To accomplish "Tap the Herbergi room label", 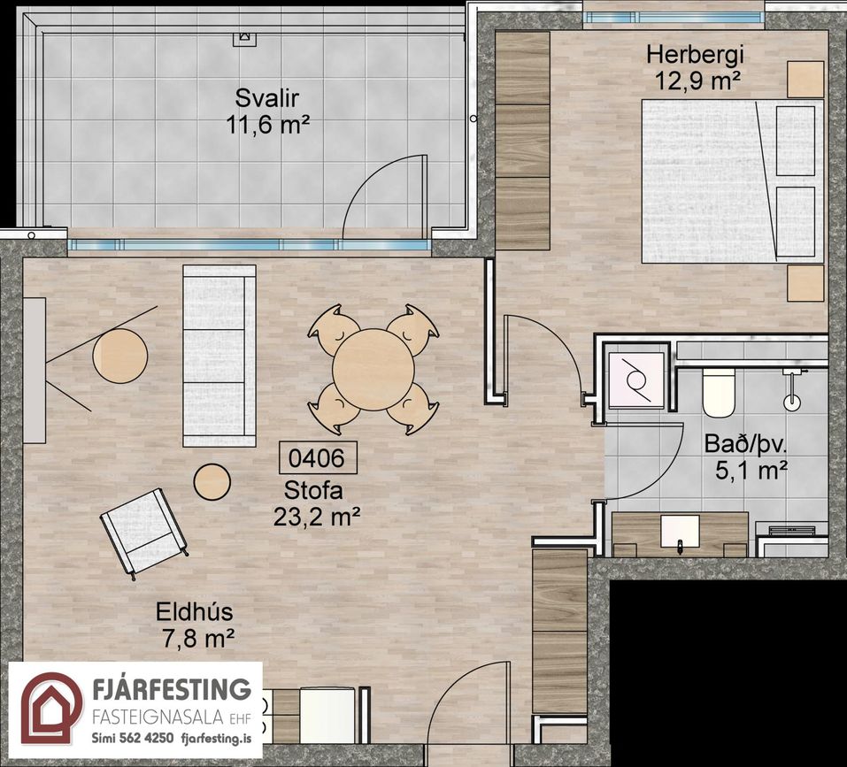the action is [x=695, y=55].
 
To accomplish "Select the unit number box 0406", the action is [x=317, y=457].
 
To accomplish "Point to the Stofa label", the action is [x=313, y=491].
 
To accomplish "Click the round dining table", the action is [x=373, y=369].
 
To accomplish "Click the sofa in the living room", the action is [x=219, y=356].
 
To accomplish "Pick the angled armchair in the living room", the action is [x=143, y=532].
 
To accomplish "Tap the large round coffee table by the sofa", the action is [x=119, y=357].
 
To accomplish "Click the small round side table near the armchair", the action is [x=212, y=482].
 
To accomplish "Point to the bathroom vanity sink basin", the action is [x=681, y=532].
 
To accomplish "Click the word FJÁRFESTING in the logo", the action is [x=172, y=689].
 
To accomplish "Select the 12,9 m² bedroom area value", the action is [x=697, y=81].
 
